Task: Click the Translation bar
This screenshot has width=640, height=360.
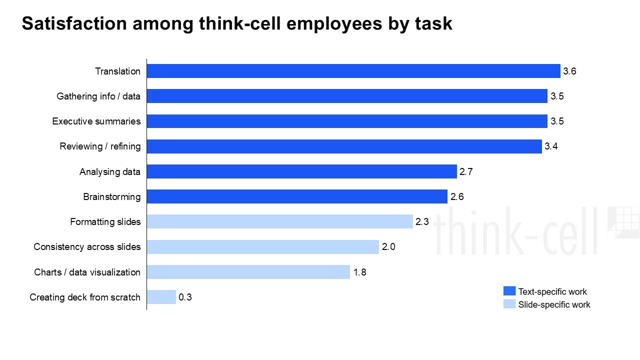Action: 353,71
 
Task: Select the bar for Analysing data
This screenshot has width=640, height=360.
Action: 301,171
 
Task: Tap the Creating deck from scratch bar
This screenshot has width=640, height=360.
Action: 161,297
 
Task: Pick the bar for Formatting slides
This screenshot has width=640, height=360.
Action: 279,221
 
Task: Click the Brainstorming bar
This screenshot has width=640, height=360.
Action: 297,196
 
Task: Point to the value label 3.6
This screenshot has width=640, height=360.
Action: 569,71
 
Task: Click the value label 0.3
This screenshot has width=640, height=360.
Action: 185,297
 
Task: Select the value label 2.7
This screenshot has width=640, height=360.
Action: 466,171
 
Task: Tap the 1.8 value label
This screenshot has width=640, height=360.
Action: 359,272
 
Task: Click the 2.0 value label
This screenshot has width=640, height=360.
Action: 388,247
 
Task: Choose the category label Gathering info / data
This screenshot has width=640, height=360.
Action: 98,96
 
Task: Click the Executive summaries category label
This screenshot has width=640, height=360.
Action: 96,121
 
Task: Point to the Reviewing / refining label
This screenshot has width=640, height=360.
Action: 100,146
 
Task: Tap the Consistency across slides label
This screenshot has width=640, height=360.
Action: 87,247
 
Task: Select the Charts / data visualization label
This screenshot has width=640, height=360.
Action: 87,272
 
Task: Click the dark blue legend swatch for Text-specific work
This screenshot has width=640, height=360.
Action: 509,291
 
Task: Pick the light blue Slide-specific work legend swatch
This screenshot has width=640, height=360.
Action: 509,304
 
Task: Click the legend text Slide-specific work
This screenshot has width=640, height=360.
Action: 554,304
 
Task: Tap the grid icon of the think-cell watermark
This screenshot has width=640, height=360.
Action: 623,222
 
